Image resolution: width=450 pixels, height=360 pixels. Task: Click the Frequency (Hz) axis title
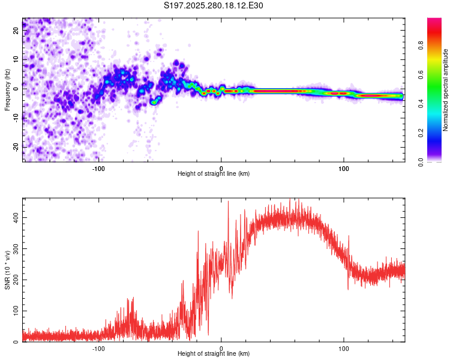(x=7, y=90)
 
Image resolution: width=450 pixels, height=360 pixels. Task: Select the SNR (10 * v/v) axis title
(x=7, y=269)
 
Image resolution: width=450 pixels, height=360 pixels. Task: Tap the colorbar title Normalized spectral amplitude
(x=446, y=90)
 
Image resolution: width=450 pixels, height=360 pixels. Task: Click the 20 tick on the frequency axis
(x=16, y=32)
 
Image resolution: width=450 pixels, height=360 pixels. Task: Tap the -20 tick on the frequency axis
(x=15, y=146)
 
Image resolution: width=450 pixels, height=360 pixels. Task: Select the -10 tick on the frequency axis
(x=15, y=118)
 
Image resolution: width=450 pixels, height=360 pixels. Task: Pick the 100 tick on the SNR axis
(x=14, y=311)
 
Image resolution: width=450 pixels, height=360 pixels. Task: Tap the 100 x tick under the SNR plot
(x=344, y=347)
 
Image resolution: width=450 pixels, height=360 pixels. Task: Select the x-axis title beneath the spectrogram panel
(x=214, y=174)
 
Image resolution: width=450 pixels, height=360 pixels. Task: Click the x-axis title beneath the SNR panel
(x=214, y=354)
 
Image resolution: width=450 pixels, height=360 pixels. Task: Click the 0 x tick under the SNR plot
(x=221, y=347)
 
